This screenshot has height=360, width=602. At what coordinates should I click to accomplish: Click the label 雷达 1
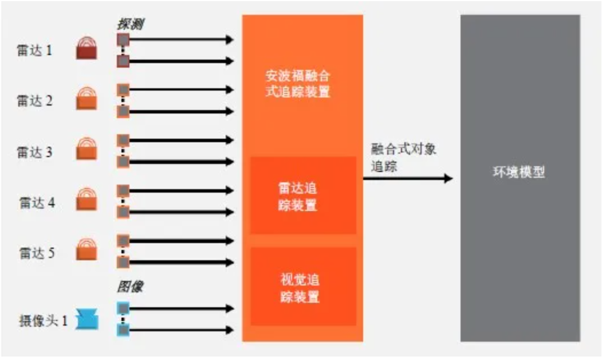[34, 50]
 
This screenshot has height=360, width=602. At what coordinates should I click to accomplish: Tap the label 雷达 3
[34, 152]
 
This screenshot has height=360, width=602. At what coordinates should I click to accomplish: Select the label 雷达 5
[36, 253]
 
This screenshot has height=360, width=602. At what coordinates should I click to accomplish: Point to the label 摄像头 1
[43, 321]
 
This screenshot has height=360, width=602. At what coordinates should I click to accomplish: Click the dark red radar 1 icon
[87, 49]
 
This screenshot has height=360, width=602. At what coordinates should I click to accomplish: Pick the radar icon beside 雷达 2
[87, 99]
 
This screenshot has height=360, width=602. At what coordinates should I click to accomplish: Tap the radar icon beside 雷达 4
[87, 199]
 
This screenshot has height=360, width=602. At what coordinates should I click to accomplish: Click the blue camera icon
[88, 319]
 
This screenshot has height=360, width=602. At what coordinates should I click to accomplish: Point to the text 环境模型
[519, 173]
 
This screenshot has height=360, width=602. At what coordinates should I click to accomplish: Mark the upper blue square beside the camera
[123, 308]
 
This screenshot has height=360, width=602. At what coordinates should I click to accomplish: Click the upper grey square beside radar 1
[123, 40]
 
